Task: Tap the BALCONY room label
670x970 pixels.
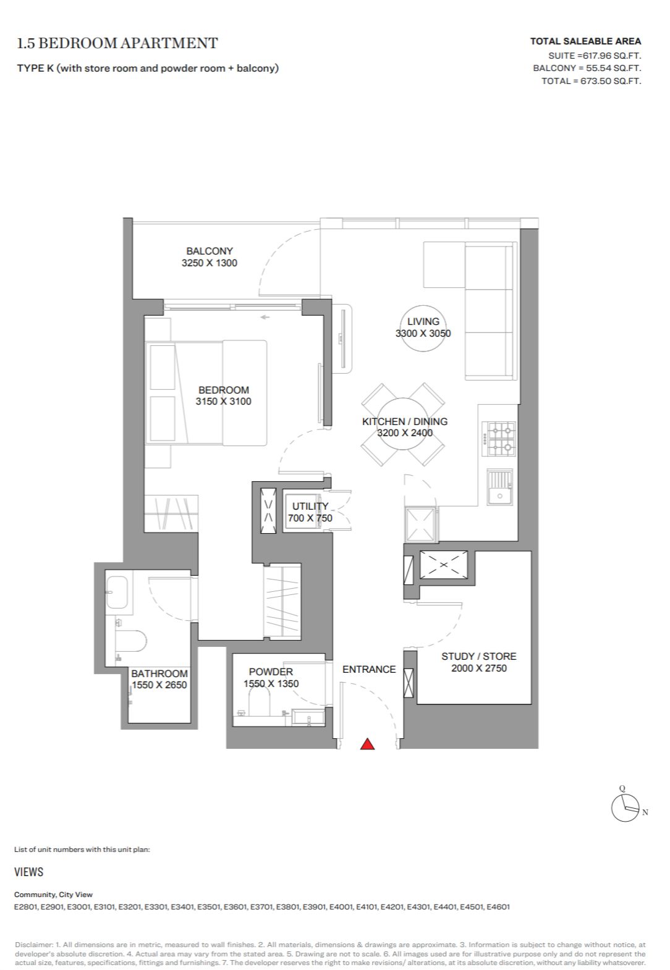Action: pos(210,251)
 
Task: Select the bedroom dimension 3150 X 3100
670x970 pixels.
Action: pos(224,402)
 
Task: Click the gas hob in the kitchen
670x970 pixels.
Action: pos(499,439)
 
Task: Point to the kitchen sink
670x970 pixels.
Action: pos(499,487)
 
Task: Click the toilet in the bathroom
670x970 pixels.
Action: pos(130,641)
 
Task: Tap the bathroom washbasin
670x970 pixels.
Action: pos(117,592)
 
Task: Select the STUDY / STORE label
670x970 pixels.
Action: pos(479,657)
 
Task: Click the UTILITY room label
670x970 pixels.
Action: pos(310,506)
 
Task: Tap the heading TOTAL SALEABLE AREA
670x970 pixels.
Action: pos(585,41)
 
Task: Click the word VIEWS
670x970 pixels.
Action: pos(28,872)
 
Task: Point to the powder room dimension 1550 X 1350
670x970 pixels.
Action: pos(271,684)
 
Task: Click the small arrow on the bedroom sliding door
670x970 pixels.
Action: pos(265,318)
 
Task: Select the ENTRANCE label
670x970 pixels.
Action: pos(369,670)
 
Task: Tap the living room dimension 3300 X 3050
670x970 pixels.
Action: pos(423,334)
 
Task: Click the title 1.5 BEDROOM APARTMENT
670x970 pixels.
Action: pos(117,43)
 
